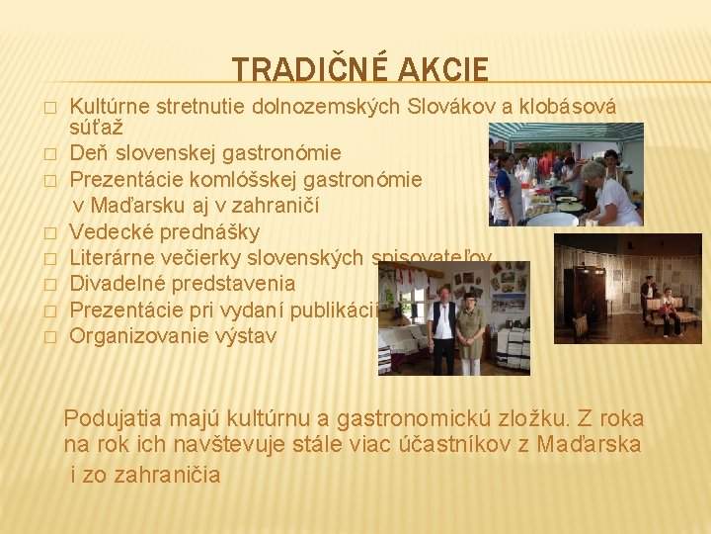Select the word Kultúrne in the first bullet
click(x=110, y=107)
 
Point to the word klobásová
click(x=570, y=107)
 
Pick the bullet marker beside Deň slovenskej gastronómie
click(x=46, y=154)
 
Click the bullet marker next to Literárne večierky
click(x=46, y=259)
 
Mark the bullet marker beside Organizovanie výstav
click(x=46, y=336)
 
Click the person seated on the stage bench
click(x=669, y=310)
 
